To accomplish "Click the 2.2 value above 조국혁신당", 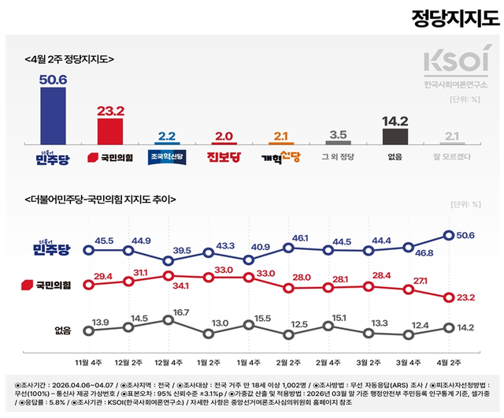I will pos(167,136).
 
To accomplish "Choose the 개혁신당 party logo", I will pos(281,157).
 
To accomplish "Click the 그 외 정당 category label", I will pos(338,157).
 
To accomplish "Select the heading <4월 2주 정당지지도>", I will pos(70,59).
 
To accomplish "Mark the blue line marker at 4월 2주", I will pos(449,234).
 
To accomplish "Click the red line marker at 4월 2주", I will pos(449,297).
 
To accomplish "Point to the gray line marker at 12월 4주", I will pos(167,320).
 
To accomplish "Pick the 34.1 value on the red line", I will pos(182,285).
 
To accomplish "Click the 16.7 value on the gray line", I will pos(181,312).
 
